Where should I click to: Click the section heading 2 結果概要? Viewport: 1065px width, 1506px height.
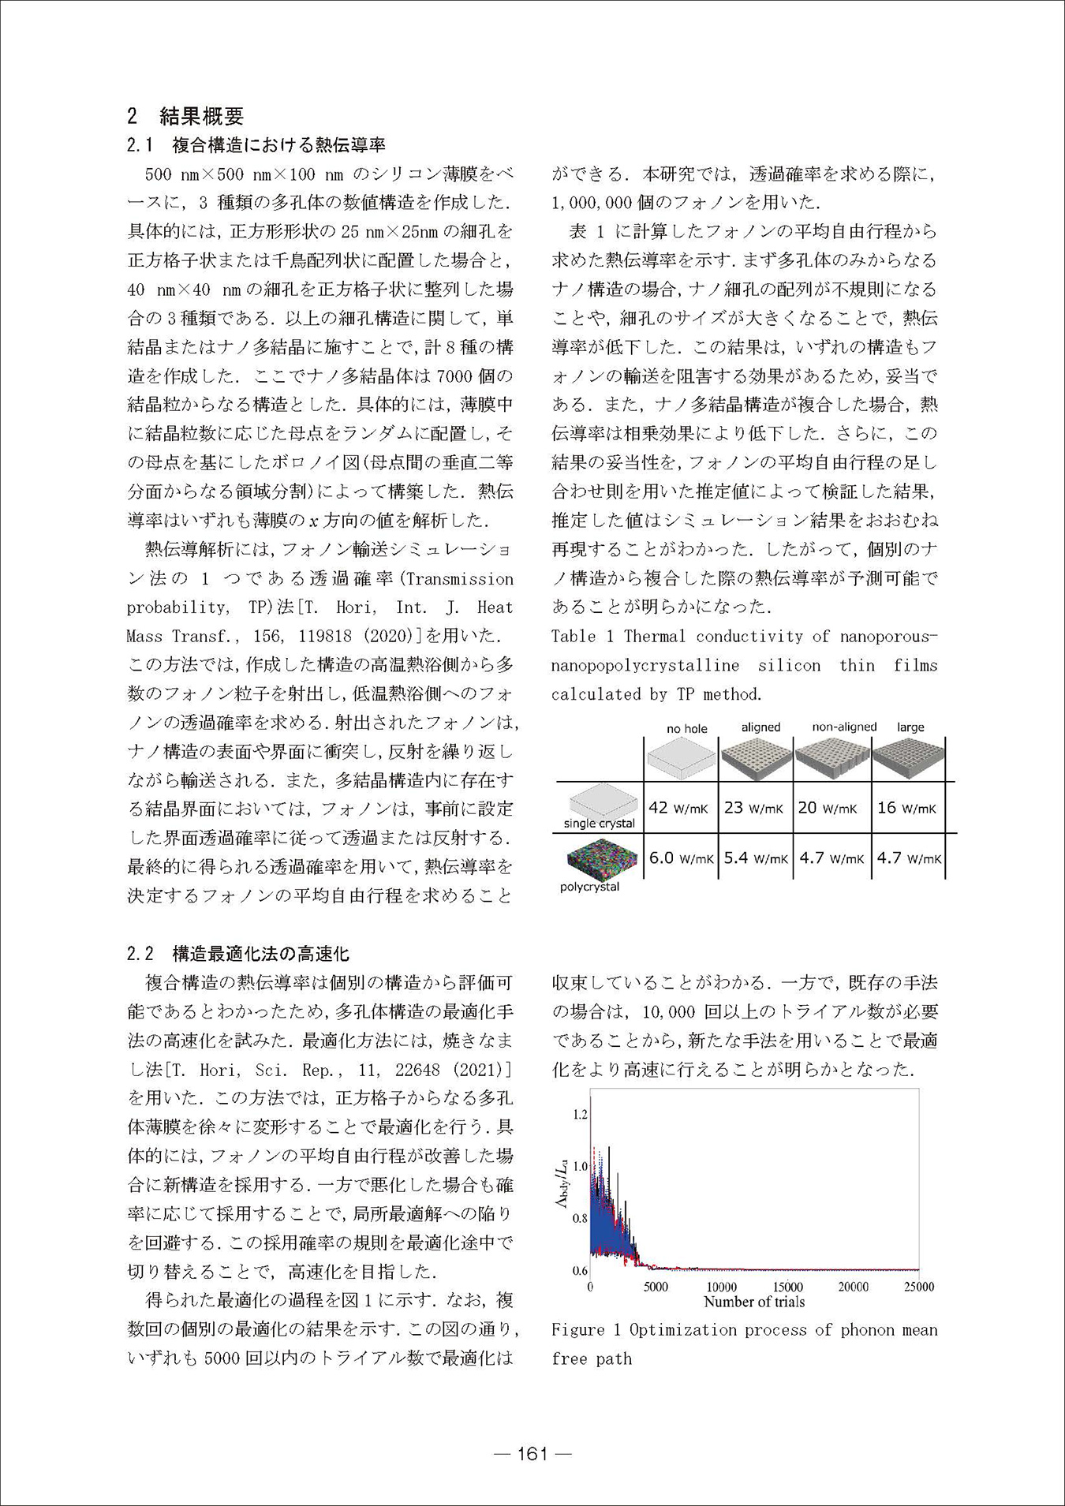tap(185, 116)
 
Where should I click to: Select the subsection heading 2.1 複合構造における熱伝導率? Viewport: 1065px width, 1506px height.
tap(256, 145)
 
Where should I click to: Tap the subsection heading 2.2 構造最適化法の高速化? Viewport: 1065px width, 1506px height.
tap(237, 954)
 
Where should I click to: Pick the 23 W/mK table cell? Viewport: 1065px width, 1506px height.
tap(753, 808)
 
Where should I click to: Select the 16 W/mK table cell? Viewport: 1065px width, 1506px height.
tap(906, 808)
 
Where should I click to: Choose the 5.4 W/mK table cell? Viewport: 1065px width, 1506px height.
tap(753, 858)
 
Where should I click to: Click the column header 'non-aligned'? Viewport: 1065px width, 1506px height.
tap(844, 727)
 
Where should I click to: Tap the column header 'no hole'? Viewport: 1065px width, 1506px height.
tap(686, 728)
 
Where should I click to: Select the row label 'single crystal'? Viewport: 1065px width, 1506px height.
tap(599, 824)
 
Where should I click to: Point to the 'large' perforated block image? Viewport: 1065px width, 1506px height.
tap(909, 756)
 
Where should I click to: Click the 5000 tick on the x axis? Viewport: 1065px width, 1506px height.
tap(656, 1287)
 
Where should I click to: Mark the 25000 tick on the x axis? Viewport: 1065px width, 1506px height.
tap(918, 1287)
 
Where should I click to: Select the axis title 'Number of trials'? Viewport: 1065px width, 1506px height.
tap(754, 1302)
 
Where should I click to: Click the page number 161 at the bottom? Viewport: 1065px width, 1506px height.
tap(532, 1454)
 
